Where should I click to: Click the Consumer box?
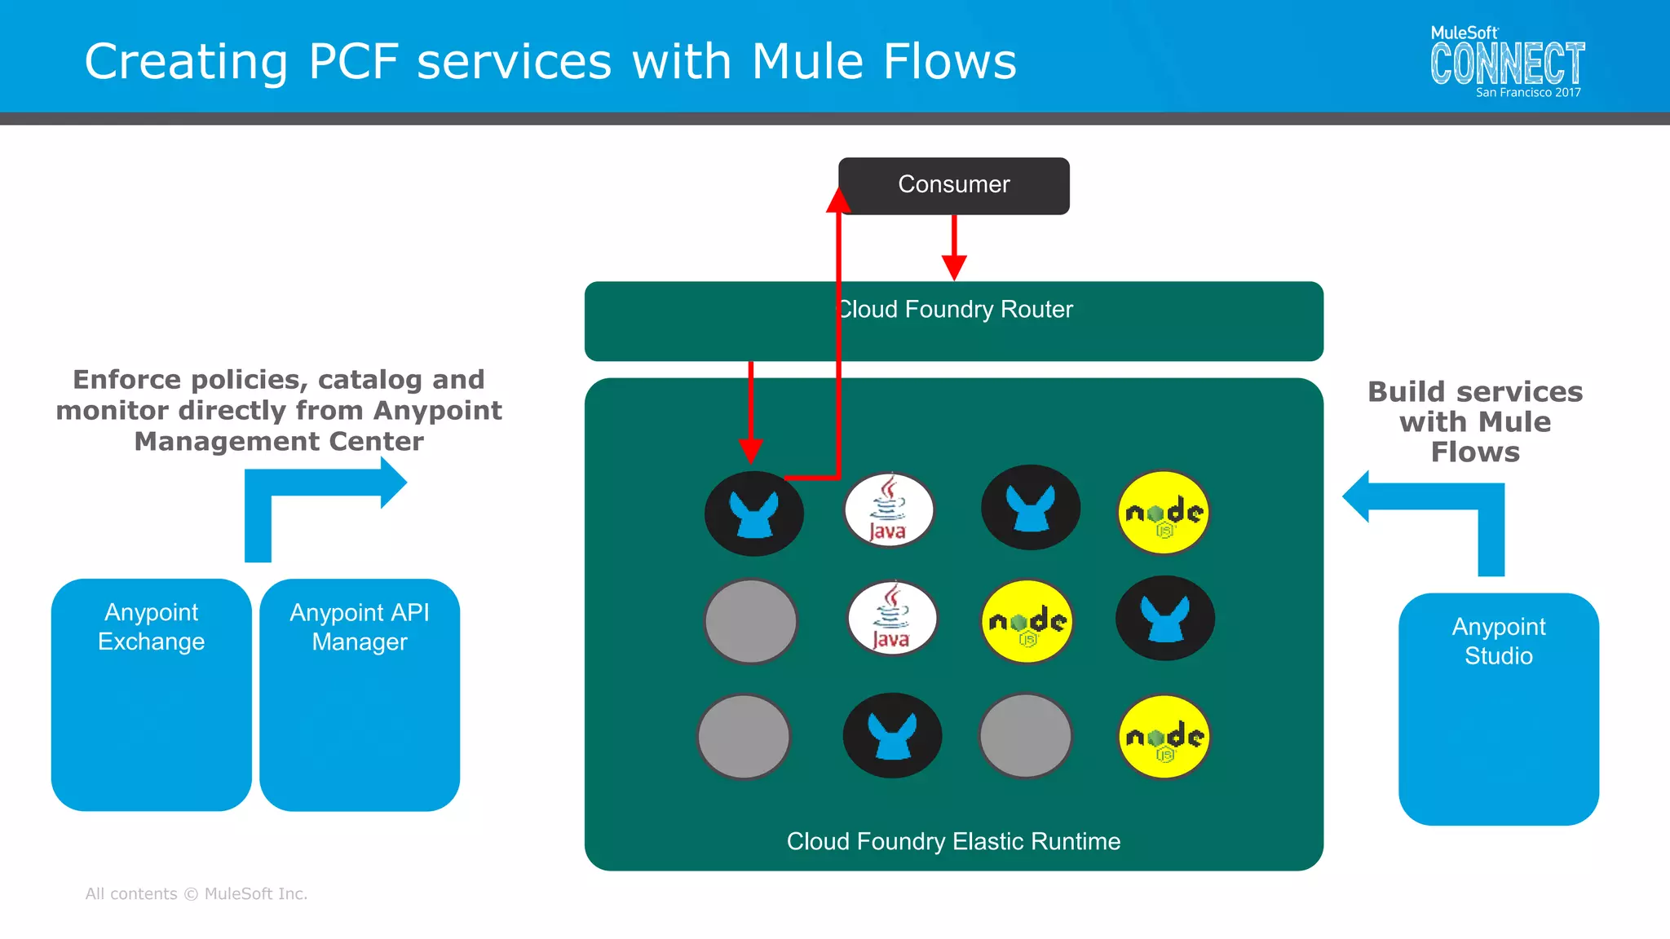click(x=953, y=185)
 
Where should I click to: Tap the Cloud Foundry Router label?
click(x=955, y=310)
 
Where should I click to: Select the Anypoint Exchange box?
click(x=151, y=694)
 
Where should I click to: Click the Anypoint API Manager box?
click(x=360, y=694)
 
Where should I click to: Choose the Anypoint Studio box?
click(x=1498, y=708)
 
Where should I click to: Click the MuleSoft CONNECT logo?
click(x=1507, y=64)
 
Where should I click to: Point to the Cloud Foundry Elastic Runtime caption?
click(x=953, y=841)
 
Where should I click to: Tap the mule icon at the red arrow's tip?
click(x=753, y=514)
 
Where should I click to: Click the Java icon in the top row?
click(x=889, y=510)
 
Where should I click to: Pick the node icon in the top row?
click(x=1164, y=513)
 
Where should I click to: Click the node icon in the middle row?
click(x=1027, y=622)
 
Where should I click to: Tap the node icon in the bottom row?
click(x=1164, y=737)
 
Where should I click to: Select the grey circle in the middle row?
click(x=750, y=621)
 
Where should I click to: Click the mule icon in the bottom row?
click(x=892, y=735)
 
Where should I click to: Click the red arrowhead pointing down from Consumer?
click(x=954, y=267)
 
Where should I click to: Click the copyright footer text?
click(x=197, y=893)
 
